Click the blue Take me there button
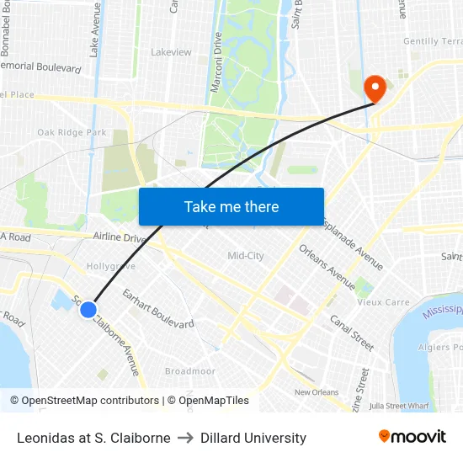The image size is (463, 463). click(x=231, y=206)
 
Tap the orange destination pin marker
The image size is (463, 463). click(x=373, y=88)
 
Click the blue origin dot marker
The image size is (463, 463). click(x=88, y=310)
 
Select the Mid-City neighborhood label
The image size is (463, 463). click(x=246, y=256)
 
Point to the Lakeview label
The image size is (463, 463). click(x=171, y=52)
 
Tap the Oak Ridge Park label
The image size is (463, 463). click(x=72, y=132)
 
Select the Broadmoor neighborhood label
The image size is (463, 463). click(x=190, y=371)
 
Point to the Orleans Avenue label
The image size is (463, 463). click(x=327, y=266)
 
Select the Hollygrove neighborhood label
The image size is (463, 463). click(x=111, y=266)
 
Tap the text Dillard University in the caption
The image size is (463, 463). click(x=253, y=438)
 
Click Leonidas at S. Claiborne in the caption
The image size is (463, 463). click(x=93, y=438)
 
